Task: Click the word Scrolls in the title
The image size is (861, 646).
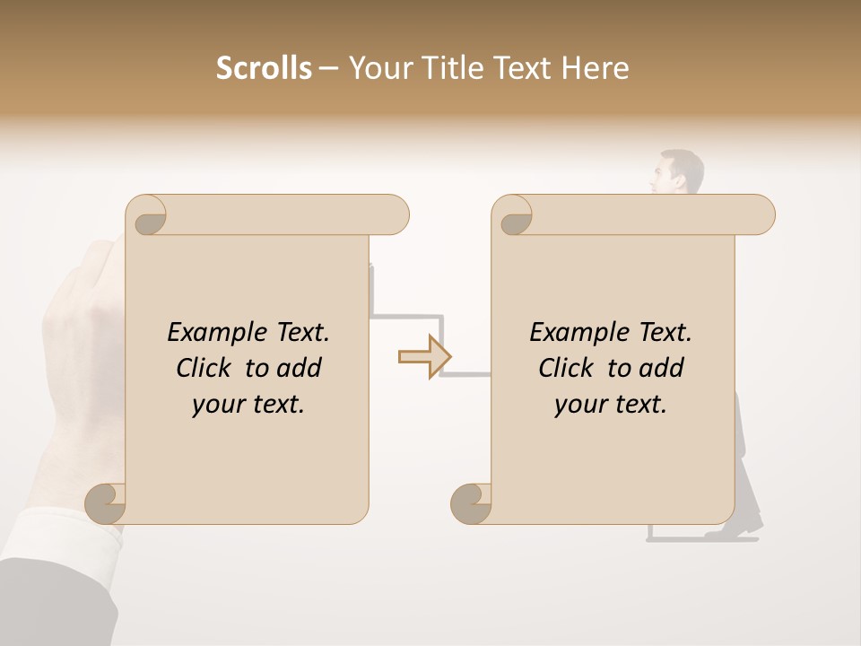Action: coord(264,68)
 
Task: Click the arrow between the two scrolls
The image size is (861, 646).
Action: coord(424,357)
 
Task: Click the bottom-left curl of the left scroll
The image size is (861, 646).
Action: coord(107,503)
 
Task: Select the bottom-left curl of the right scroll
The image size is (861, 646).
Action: coord(472,503)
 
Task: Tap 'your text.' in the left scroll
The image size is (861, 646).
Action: coord(248,405)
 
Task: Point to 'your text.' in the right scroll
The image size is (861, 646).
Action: coord(611,405)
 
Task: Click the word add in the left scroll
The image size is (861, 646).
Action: coord(300,368)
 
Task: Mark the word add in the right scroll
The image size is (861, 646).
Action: coord(662,368)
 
